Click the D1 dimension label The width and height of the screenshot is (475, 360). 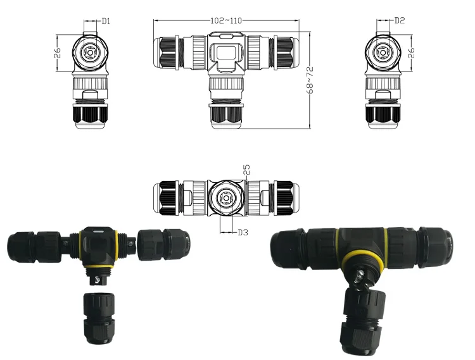106,21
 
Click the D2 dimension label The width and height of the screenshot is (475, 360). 400,21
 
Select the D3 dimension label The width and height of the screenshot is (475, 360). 241,232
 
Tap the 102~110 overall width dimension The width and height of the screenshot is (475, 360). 226,20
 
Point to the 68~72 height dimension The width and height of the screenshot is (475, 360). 310,80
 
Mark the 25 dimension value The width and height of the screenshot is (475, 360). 246,170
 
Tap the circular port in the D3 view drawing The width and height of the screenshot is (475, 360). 225,197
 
